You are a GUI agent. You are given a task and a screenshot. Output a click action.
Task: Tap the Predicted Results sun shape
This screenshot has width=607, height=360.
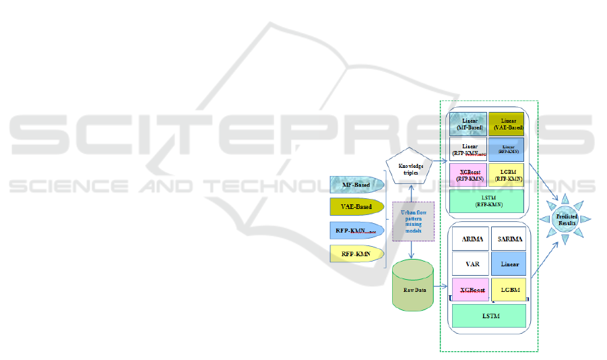566,218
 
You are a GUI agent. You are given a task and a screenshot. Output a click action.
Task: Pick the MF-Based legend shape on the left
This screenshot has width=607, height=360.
356,183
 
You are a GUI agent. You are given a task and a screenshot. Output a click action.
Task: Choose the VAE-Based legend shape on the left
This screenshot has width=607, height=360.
356,207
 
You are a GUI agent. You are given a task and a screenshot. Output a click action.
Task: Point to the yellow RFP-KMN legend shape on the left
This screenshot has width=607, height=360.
356,254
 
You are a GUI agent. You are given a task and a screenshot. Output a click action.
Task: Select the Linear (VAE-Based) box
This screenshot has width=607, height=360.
507,124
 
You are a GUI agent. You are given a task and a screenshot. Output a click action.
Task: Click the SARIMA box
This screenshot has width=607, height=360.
509,239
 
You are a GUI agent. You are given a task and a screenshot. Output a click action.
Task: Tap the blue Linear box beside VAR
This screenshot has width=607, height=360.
509,264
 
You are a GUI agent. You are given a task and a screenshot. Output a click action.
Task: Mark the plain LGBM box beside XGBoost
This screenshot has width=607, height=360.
509,289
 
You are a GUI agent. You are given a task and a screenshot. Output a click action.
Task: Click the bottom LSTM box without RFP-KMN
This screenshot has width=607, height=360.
488,316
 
